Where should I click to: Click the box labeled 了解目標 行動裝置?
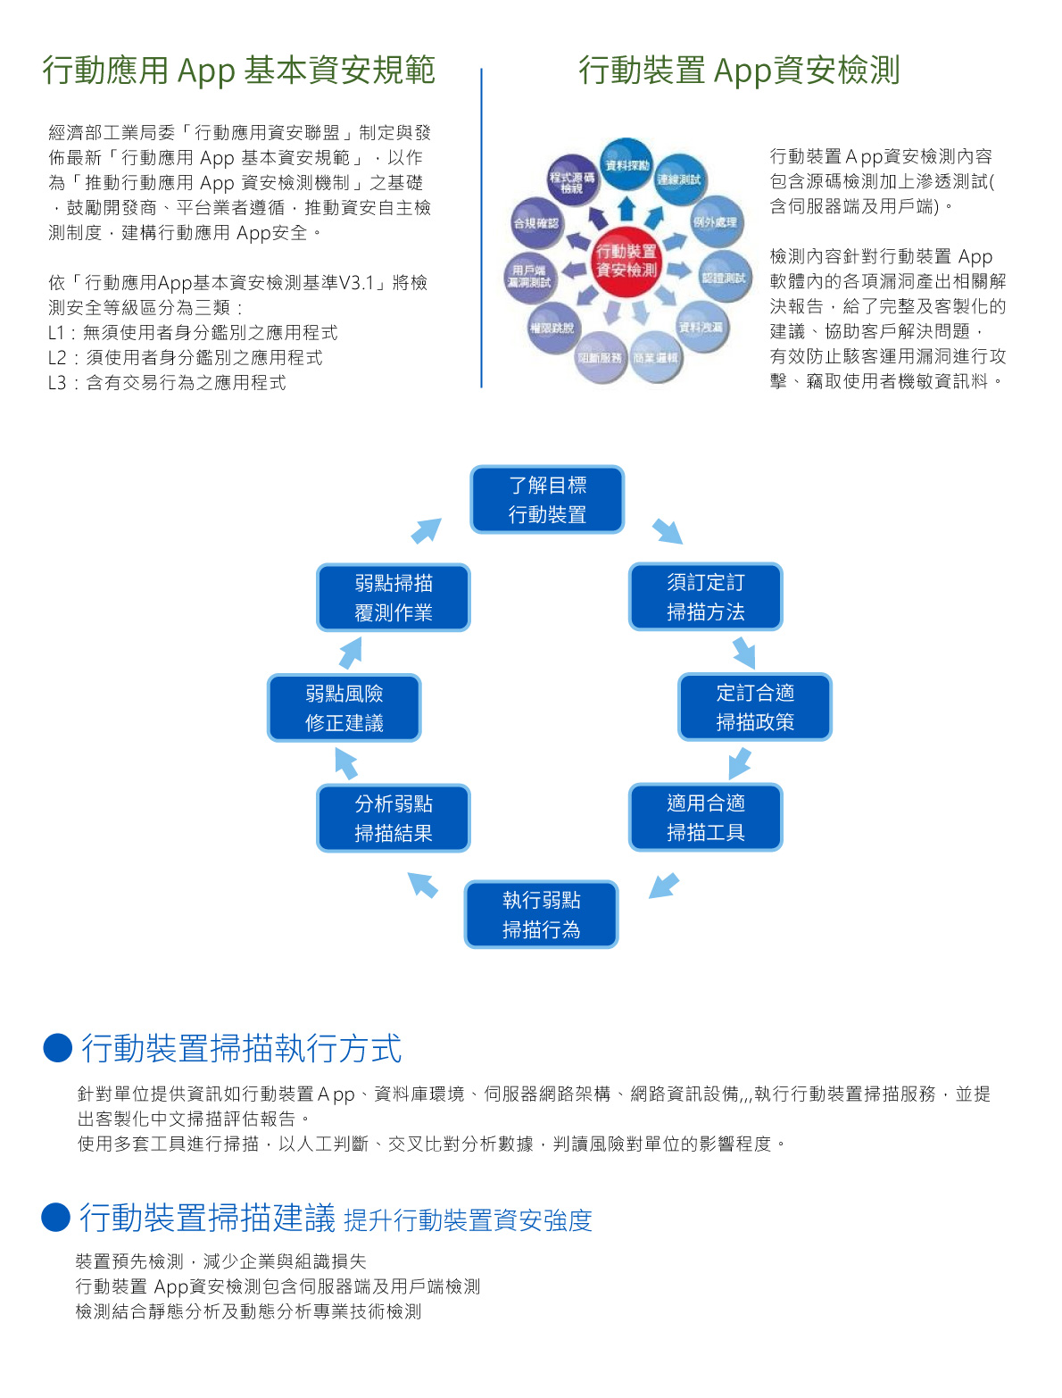pyautogui.click(x=547, y=500)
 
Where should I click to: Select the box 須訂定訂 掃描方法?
pyautogui.click(x=705, y=597)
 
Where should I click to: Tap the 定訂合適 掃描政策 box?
pyautogui.click(x=755, y=707)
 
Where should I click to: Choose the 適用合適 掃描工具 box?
pyautogui.click(x=705, y=818)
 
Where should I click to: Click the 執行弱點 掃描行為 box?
pyautogui.click(x=541, y=914)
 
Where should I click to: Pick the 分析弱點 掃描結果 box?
pyautogui.click(x=393, y=818)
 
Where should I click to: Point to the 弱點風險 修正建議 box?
pyautogui.click(x=344, y=708)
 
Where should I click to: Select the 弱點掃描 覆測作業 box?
pyautogui.click(x=393, y=597)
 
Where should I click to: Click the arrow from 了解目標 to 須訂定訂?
pyautogui.click(x=668, y=531)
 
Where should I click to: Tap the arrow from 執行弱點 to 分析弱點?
pyautogui.click(x=423, y=885)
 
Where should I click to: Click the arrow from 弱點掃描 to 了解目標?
pyautogui.click(x=427, y=530)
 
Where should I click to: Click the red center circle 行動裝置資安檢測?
pyautogui.click(x=626, y=261)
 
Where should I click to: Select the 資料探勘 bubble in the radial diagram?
pyautogui.click(x=626, y=165)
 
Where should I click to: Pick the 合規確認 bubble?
pyautogui.click(x=535, y=223)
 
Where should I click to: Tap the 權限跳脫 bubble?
pyautogui.click(x=552, y=328)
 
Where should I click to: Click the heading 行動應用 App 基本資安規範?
pyautogui.click(x=238, y=71)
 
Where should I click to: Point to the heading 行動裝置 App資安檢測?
pyautogui.click(x=739, y=71)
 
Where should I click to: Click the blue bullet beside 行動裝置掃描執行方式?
pyautogui.click(x=57, y=1048)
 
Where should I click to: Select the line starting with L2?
pyautogui.click(x=186, y=358)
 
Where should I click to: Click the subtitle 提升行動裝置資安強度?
pyautogui.click(x=468, y=1220)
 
